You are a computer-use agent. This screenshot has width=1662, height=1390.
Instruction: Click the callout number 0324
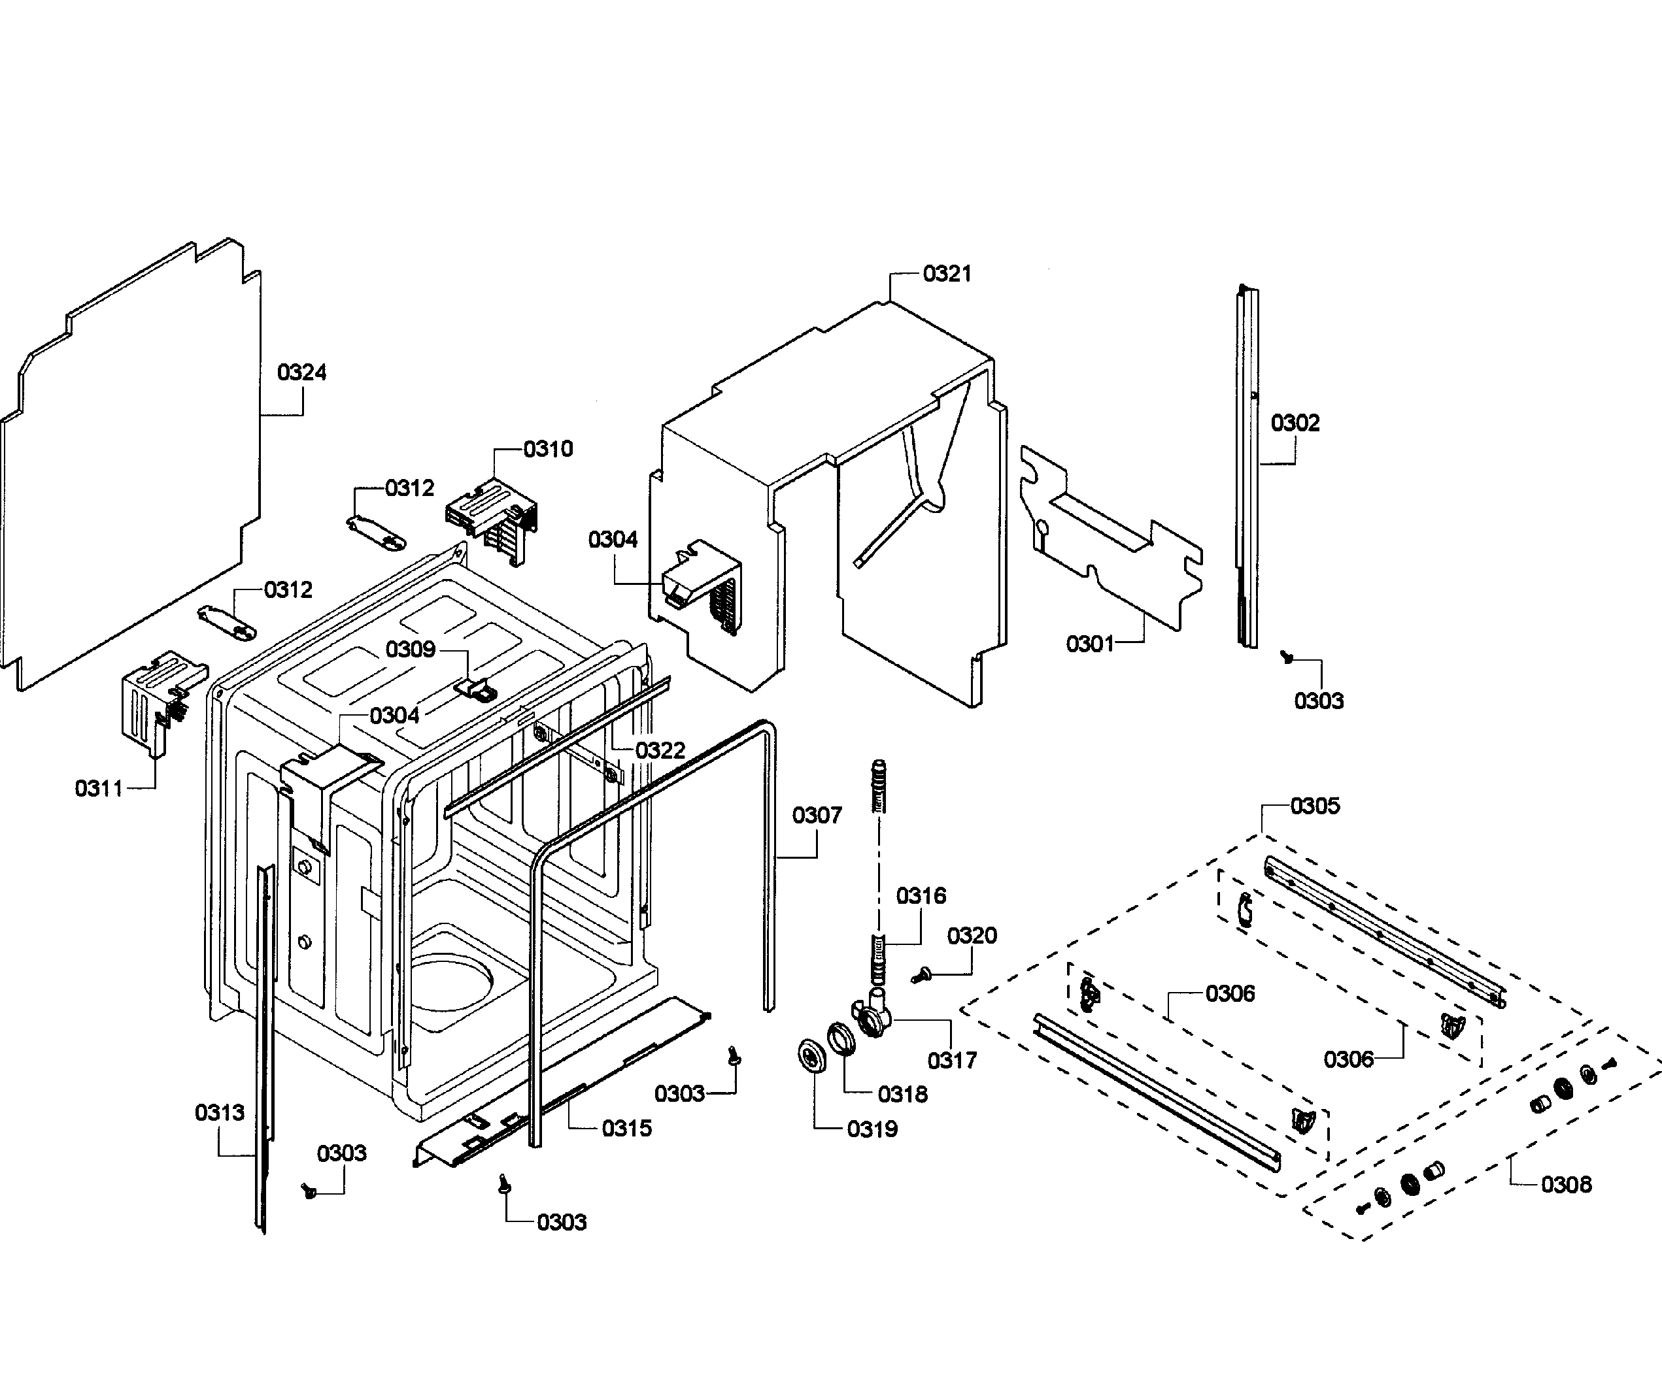pyautogui.click(x=301, y=372)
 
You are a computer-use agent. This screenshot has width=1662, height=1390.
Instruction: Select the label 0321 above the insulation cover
pyautogui.click(x=947, y=274)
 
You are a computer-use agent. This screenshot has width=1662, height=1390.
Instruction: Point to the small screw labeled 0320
pyautogui.click(x=921, y=976)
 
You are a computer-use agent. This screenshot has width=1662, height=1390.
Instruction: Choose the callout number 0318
pyautogui.click(x=902, y=1094)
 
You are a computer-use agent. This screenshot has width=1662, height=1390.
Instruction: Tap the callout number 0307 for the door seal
pyautogui.click(x=817, y=815)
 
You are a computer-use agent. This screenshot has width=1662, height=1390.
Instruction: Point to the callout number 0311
pyautogui.click(x=99, y=788)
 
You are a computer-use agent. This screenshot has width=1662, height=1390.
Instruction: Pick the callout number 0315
pyautogui.click(x=627, y=1128)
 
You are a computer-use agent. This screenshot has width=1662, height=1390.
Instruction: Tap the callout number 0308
pyautogui.click(x=1567, y=1184)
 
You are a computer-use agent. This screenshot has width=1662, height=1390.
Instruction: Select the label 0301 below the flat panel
pyautogui.click(x=1090, y=644)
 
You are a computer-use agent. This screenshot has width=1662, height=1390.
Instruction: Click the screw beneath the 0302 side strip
pyautogui.click(x=1287, y=656)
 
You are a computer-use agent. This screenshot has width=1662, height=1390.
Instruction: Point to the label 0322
pyautogui.click(x=660, y=750)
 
